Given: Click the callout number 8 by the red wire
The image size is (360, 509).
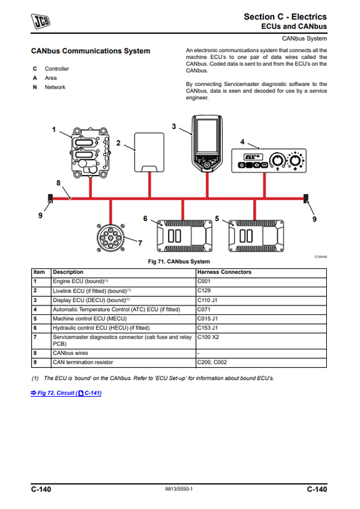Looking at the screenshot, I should click(x=59, y=183).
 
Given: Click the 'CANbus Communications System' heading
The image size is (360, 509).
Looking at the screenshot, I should click(x=91, y=51).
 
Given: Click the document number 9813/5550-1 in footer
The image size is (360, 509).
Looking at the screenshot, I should click(x=179, y=489).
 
